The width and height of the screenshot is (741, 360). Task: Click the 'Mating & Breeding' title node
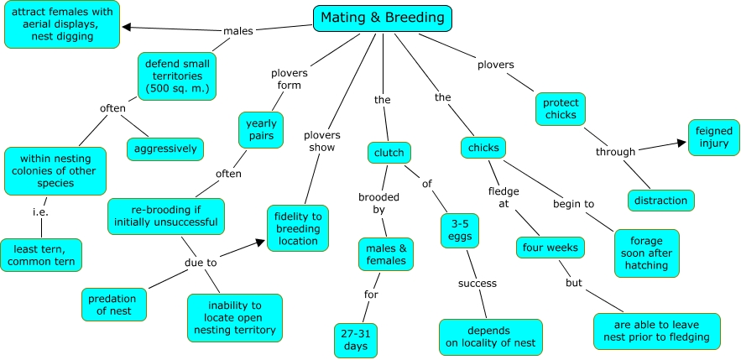[x=383, y=18]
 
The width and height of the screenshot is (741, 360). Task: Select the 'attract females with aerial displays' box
[x=60, y=23]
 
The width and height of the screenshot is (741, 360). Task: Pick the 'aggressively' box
[x=165, y=149]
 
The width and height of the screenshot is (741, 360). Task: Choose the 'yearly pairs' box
[x=260, y=131]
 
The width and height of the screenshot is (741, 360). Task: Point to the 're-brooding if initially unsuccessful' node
[x=166, y=216]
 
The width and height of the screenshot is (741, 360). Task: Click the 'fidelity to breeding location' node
[x=296, y=228]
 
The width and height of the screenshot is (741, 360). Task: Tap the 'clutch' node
[x=389, y=153]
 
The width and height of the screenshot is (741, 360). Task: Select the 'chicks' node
[x=483, y=148]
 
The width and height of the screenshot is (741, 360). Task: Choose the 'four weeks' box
[x=549, y=248]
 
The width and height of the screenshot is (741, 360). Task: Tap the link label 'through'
[x=615, y=152]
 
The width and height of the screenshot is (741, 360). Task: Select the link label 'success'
[x=477, y=283]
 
